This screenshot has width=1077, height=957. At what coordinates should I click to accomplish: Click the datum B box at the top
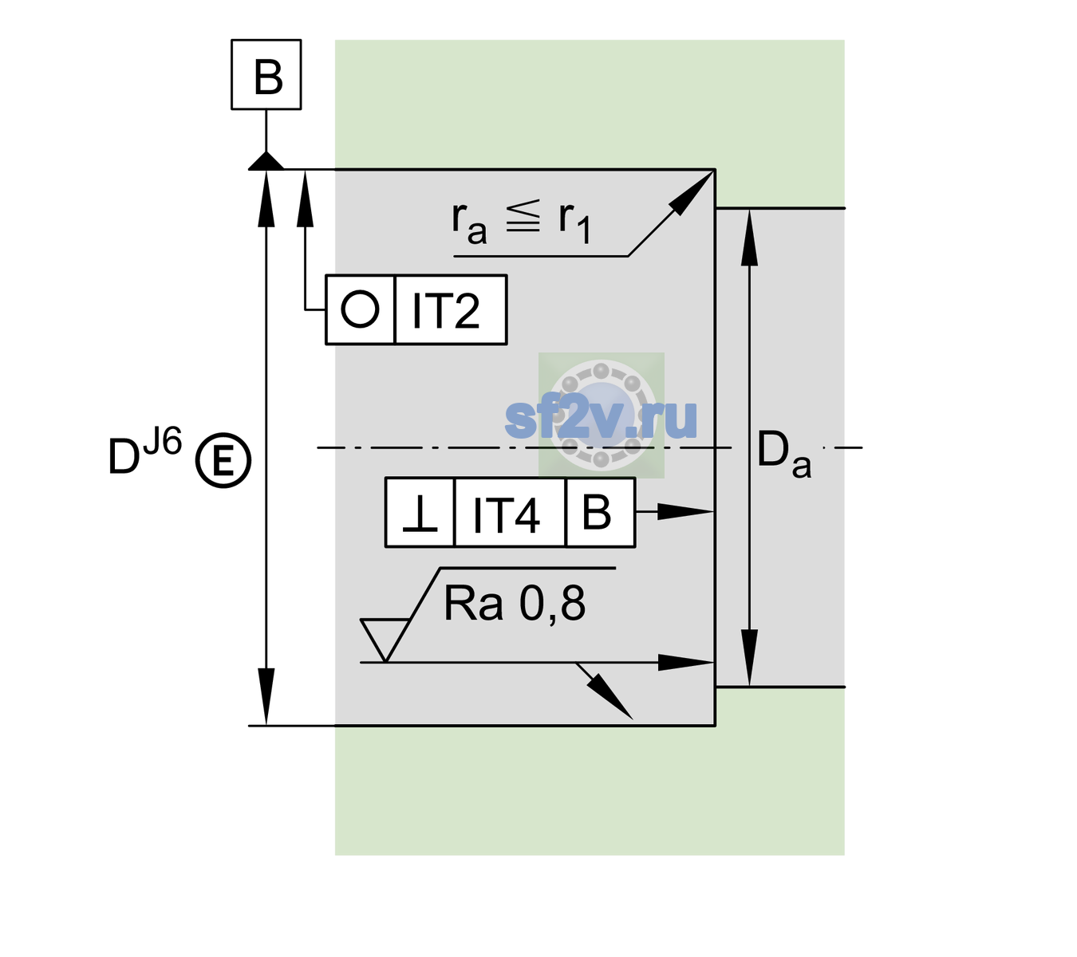(x=266, y=74)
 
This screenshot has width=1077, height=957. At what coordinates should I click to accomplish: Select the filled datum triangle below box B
(x=266, y=162)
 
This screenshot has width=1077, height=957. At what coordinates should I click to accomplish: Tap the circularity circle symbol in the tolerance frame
(x=360, y=309)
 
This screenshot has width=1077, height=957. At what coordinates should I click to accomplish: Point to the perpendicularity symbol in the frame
(x=420, y=514)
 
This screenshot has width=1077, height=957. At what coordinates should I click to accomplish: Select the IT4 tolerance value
(x=506, y=515)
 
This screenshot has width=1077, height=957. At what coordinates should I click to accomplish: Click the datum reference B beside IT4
(x=597, y=512)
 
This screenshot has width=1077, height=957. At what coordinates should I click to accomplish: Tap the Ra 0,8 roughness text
(x=514, y=604)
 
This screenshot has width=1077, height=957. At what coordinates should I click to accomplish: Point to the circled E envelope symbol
(x=223, y=460)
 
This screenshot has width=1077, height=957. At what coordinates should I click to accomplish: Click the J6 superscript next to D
(x=164, y=441)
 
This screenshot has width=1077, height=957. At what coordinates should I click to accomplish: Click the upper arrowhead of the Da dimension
(x=750, y=237)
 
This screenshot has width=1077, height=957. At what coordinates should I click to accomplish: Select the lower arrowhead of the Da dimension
(x=750, y=658)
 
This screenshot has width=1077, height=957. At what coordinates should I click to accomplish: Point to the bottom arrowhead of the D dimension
(x=266, y=696)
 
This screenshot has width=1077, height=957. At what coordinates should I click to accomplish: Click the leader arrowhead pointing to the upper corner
(x=691, y=194)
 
